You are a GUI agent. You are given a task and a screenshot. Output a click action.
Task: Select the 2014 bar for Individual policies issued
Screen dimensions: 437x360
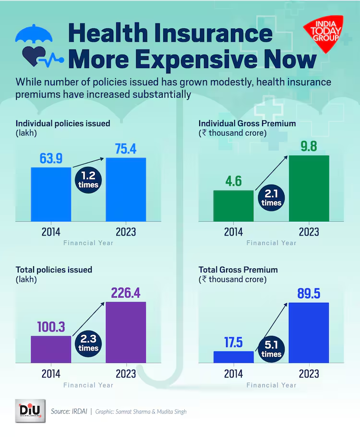pyautogui.click(x=51, y=194)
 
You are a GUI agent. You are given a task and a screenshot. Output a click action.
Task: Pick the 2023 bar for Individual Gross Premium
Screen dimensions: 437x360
pyautogui.click(x=309, y=188)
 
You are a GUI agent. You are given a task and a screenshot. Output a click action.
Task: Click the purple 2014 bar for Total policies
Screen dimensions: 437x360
pyautogui.click(x=51, y=349)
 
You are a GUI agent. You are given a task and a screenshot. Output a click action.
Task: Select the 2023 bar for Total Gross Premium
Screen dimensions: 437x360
pyautogui.click(x=309, y=332)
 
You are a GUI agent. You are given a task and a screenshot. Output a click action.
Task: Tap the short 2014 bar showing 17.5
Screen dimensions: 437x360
pyautogui.click(x=233, y=357)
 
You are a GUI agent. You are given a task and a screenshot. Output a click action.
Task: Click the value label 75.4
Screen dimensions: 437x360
pyautogui.click(x=125, y=149)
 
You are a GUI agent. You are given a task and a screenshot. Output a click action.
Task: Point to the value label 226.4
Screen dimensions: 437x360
pyautogui.click(x=125, y=292)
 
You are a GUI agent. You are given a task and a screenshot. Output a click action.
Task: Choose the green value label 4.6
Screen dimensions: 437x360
pyautogui.click(x=233, y=181)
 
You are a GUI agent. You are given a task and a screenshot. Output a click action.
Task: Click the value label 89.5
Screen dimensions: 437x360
pyautogui.click(x=309, y=294)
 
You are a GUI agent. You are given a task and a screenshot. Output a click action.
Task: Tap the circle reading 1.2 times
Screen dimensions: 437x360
pyautogui.click(x=88, y=180)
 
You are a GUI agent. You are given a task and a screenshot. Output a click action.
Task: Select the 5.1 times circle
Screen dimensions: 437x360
pyautogui.click(x=271, y=349)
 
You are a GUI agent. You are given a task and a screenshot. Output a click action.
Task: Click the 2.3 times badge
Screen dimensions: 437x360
pyautogui.click(x=88, y=343)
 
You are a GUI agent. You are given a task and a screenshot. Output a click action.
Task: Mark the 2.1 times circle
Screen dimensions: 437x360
pyautogui.click(x=271, y=198)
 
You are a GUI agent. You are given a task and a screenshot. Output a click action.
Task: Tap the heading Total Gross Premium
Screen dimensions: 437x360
pyautogui.click(x=238, y=270)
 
